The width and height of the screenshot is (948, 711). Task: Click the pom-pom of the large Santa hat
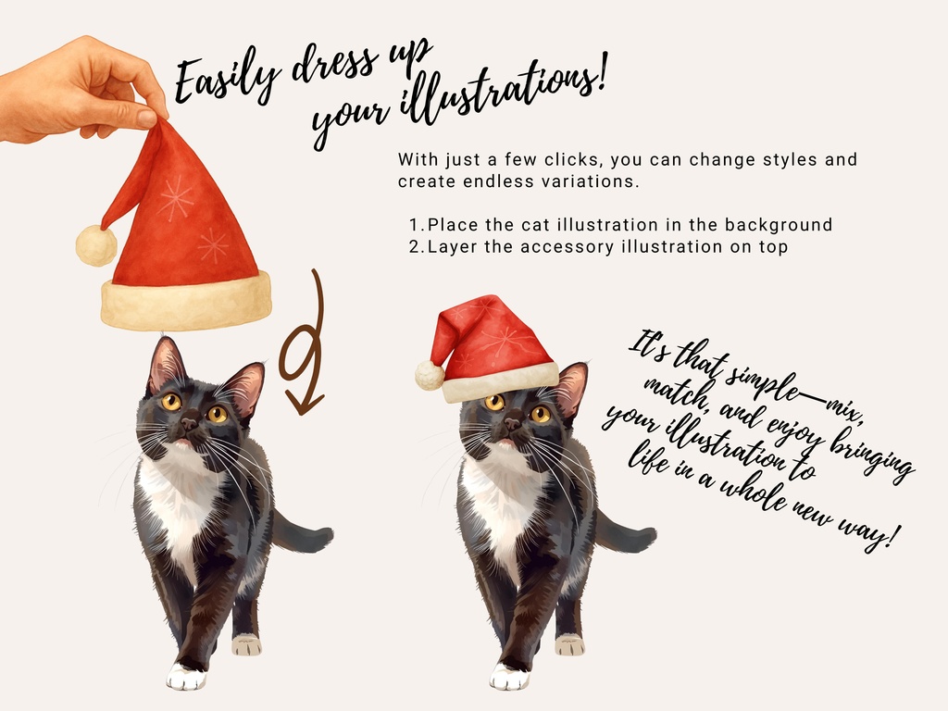96,245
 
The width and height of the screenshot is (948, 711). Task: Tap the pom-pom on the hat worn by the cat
430,375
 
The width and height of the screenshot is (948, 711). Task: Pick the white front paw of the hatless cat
186,677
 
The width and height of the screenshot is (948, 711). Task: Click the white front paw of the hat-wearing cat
509,677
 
